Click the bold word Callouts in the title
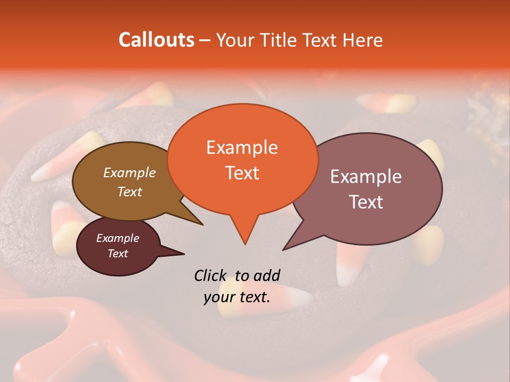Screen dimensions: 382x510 156,40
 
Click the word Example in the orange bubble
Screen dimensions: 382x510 242,147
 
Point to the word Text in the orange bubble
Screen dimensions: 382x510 242,172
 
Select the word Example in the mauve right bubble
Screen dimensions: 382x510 366,177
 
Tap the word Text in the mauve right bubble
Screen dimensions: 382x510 366,202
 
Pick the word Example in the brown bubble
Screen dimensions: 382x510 130,172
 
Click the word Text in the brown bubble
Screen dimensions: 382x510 130,192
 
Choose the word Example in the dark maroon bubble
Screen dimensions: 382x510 117,238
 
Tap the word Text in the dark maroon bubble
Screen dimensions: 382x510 117,254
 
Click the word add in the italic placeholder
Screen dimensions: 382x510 267,275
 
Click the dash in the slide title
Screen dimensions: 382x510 205,40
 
